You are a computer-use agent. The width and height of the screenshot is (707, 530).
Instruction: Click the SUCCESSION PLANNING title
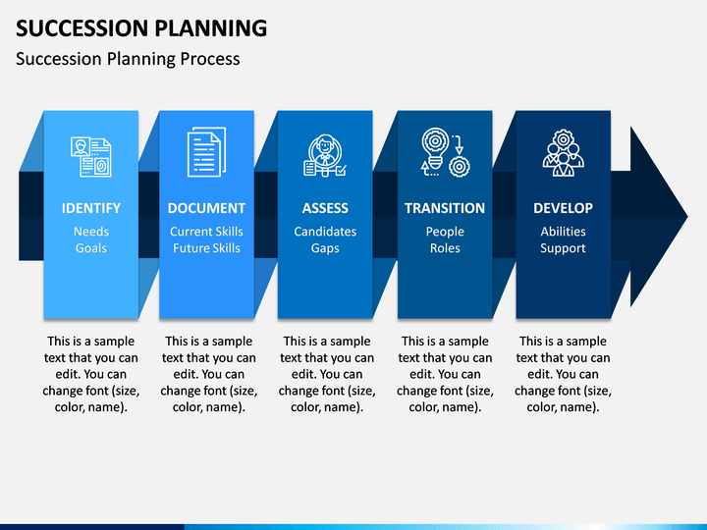pyautogui.click(x=141, y=27)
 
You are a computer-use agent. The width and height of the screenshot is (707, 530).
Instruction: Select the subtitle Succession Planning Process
pyautogui.click(x=128, y=59)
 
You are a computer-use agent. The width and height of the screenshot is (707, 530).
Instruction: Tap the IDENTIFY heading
pyautogui.click(x=91, y=208)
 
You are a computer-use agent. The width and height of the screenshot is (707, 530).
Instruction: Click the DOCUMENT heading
pyautogui.click(x=206, y=208)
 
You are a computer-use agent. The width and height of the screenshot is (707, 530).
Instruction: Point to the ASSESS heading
pyautogui.click(x=325, y=208)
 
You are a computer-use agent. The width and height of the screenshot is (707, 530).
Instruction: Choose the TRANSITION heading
pyautogui.click(x=445, y=208)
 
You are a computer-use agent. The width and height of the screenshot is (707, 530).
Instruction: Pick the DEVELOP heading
pyautogui.click(x=564, y=208)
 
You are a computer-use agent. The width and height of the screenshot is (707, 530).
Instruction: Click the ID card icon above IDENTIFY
pyautogui.click(x=91, y=157)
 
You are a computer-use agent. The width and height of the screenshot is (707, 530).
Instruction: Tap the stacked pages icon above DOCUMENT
pyautogui.click(x=206, y=152)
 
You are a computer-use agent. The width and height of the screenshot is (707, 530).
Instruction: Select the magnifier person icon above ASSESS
pyautogui.click(x=325, y=155)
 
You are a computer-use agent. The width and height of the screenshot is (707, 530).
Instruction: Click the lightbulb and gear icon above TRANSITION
pyautogui.click(x=446, y=152)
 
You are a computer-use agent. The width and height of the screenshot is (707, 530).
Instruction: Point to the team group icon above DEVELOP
pyautogui.click(x=564, y=153)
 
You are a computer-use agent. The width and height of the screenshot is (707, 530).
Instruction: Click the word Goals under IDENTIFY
pyautogui.click(x=91, y=248)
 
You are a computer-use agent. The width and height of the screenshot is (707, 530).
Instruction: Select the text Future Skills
pyautogui.click(x=206, y=248)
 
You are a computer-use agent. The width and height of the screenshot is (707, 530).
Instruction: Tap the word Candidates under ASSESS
pyautogui.click(x=325, y=232)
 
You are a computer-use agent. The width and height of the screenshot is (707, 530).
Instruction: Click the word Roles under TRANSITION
pyautogui.click(x=445, y=248)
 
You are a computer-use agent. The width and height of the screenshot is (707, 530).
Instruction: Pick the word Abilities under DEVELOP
pyautogui.click(x=564, y=232)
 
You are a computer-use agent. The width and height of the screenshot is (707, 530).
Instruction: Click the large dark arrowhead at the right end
pyautogui.click(x=659, y=216)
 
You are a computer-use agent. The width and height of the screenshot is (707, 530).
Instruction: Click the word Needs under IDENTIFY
pyautogui.click(x=91, y=232)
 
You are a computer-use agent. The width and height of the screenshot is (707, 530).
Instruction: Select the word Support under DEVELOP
pyautogui.click(x=564, y=248)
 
